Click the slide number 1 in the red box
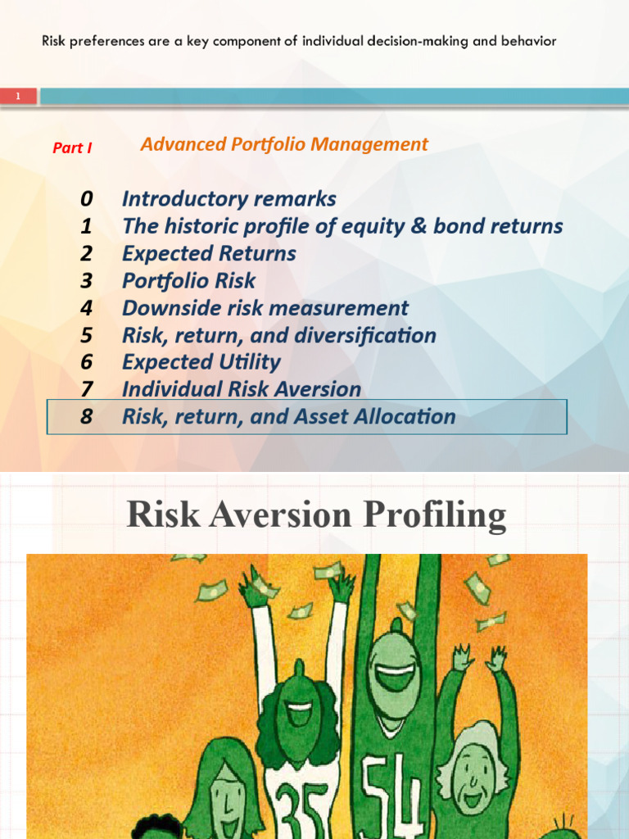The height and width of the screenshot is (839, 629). click(18, 97)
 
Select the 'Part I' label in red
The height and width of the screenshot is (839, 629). click(72, 148)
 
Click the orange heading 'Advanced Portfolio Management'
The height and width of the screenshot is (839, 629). click(284, 144)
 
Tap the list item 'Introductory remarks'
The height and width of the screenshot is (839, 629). click(229, 199)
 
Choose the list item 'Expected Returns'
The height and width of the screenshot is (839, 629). click(209, 253)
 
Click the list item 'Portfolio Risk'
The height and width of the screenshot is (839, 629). click(188, 280)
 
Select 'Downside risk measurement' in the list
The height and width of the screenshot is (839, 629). click(265, 308)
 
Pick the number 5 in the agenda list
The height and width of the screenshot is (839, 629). click(87, 335)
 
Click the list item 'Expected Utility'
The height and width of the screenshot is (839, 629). click(201, 362)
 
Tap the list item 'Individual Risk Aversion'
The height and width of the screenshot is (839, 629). click(241, 389)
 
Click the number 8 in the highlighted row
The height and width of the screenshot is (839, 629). click(87, 416)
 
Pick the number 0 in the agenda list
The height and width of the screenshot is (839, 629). click(87, 199)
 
